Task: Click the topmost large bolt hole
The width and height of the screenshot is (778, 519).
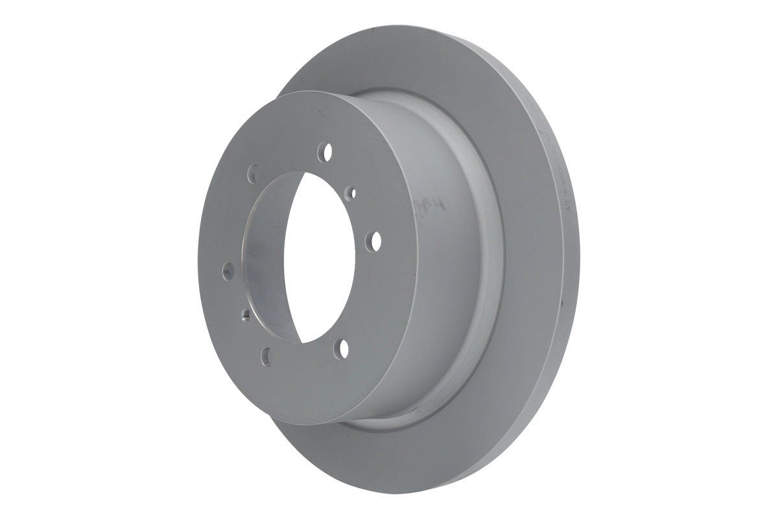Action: pos(325,152)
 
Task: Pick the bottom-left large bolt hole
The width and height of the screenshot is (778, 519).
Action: pos(266,355)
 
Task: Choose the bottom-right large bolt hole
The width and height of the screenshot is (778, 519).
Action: pos(341,349)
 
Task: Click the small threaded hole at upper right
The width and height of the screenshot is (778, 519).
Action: pos(351,192)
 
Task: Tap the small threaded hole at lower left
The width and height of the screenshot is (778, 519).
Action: pos(246,316)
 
